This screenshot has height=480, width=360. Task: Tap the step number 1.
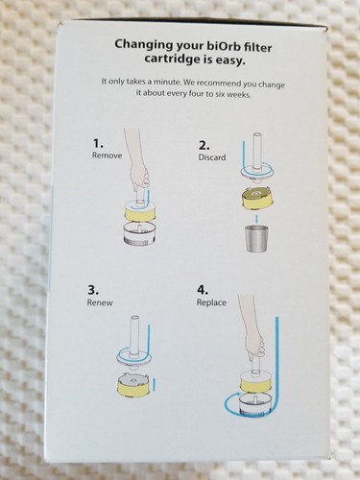pyautogui.click(x=96, y=142)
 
